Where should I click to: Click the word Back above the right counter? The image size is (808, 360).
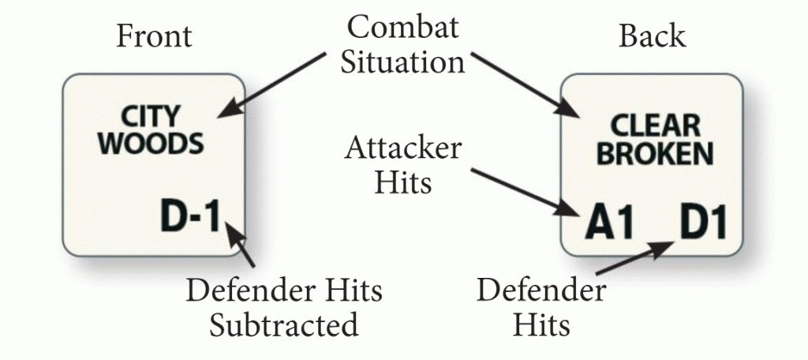click(652, 37)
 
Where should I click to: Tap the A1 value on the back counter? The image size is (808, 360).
click(610, 223)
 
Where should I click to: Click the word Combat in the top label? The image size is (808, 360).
click(403, 28)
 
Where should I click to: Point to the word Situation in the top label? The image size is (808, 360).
click(402, 62)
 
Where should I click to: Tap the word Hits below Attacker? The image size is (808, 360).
click(402, 182)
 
